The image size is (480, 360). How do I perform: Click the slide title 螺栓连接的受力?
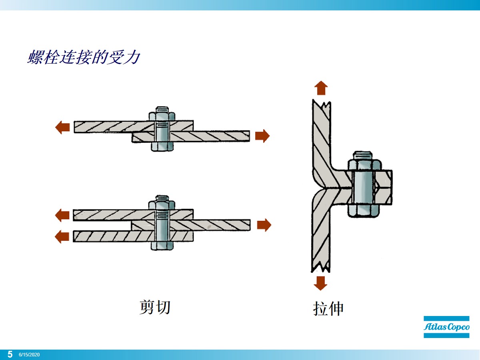(84, 58)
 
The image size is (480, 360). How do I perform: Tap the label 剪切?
(155, 307)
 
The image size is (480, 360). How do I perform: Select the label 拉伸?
(328, 309)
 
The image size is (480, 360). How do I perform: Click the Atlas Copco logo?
(446, 327)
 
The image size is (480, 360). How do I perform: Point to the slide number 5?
(10, 354)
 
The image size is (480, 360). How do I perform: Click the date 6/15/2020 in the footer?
(29, 355)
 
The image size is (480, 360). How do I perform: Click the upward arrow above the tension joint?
(320, 88)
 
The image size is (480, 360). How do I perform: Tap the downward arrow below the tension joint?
(320, 282)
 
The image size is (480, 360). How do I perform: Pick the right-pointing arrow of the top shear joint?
(262, 136)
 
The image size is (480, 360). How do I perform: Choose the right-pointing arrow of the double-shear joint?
(264, 225)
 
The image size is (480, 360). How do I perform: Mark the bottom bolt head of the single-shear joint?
(162, 146)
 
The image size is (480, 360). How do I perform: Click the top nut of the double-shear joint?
(162, 204)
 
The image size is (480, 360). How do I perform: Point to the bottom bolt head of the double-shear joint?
(162, 245)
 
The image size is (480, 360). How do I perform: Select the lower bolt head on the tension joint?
(364, 211)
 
